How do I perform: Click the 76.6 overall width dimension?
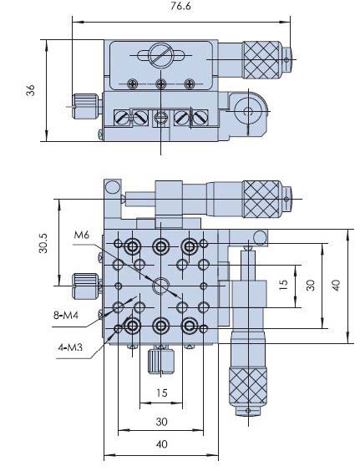point(180,6)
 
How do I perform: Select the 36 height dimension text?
point(30,90)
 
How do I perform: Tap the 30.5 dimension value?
point(43,243)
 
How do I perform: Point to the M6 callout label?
point(81,235)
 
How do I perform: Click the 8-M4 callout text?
point(66,315)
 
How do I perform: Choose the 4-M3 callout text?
point(70,347)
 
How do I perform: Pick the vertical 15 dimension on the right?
point(283,285)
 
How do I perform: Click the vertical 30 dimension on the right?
point(311,285)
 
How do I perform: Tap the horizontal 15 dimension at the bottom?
point(162,392)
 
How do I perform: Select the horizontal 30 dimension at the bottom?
point(162,422)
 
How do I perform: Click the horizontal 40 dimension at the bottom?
point(162,444)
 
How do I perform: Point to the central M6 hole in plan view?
point(161,286)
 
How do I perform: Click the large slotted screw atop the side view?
point(160,55)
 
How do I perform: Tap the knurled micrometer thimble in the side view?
point(261,60)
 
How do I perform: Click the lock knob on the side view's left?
point(86,106)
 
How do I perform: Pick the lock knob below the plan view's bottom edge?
point(161,361)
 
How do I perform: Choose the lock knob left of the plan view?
point(86,286)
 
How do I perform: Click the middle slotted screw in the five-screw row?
point(161,118)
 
